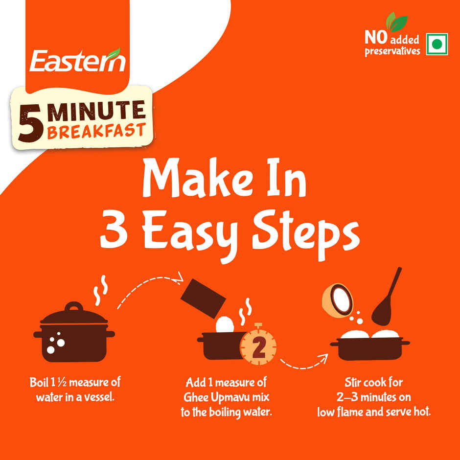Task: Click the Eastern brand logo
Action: (x=77, y=61)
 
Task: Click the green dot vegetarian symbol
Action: (x=437, y=45)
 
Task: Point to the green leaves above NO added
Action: (x=396, y=22)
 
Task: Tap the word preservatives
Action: (x=392, y=51)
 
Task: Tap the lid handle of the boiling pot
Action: (x=74, y=307)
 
